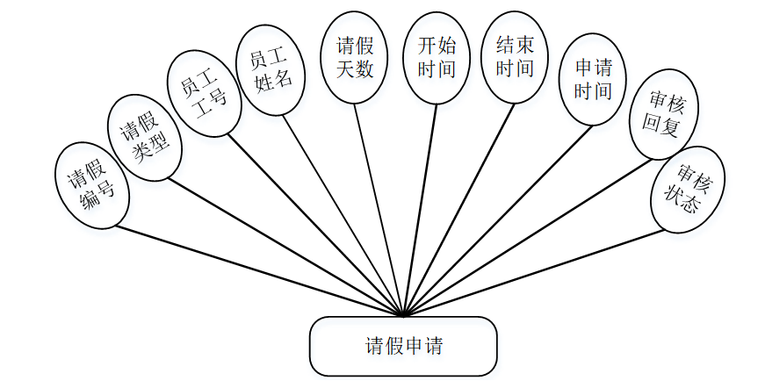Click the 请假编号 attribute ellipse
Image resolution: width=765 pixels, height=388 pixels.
click(x=92, y=186)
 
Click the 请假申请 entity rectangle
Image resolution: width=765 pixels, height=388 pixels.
click(x=403, y=346)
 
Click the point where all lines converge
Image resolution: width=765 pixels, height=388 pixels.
click(x=403, y=314)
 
